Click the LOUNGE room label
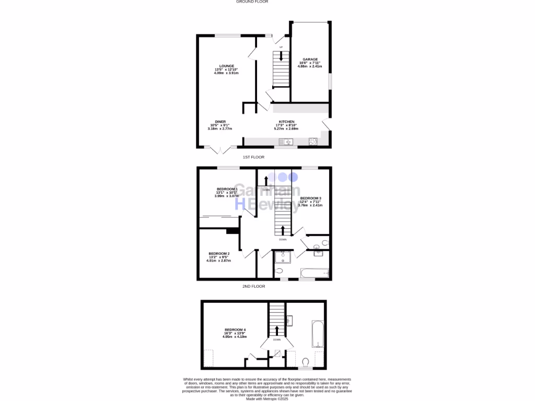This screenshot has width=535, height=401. coord(226,66)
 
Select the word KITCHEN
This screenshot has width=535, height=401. coord(286,122)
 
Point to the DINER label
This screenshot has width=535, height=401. coord(220,122)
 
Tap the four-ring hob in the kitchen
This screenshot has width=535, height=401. coord(313,141)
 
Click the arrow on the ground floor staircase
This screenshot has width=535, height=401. coord(282,56)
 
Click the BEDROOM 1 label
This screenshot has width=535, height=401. coord(227,189)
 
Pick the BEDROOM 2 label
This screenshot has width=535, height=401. coord(219,254)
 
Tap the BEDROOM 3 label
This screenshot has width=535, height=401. coord(310,198)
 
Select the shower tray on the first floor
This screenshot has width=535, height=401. coord(283,257)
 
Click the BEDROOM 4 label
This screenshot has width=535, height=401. coord(235,329)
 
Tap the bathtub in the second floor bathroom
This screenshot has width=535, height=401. coord(318,334)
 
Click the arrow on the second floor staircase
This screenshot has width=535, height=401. coord(277,329)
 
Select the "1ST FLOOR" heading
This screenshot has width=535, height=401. coord(253,157)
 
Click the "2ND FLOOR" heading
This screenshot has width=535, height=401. coord(253,287)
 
